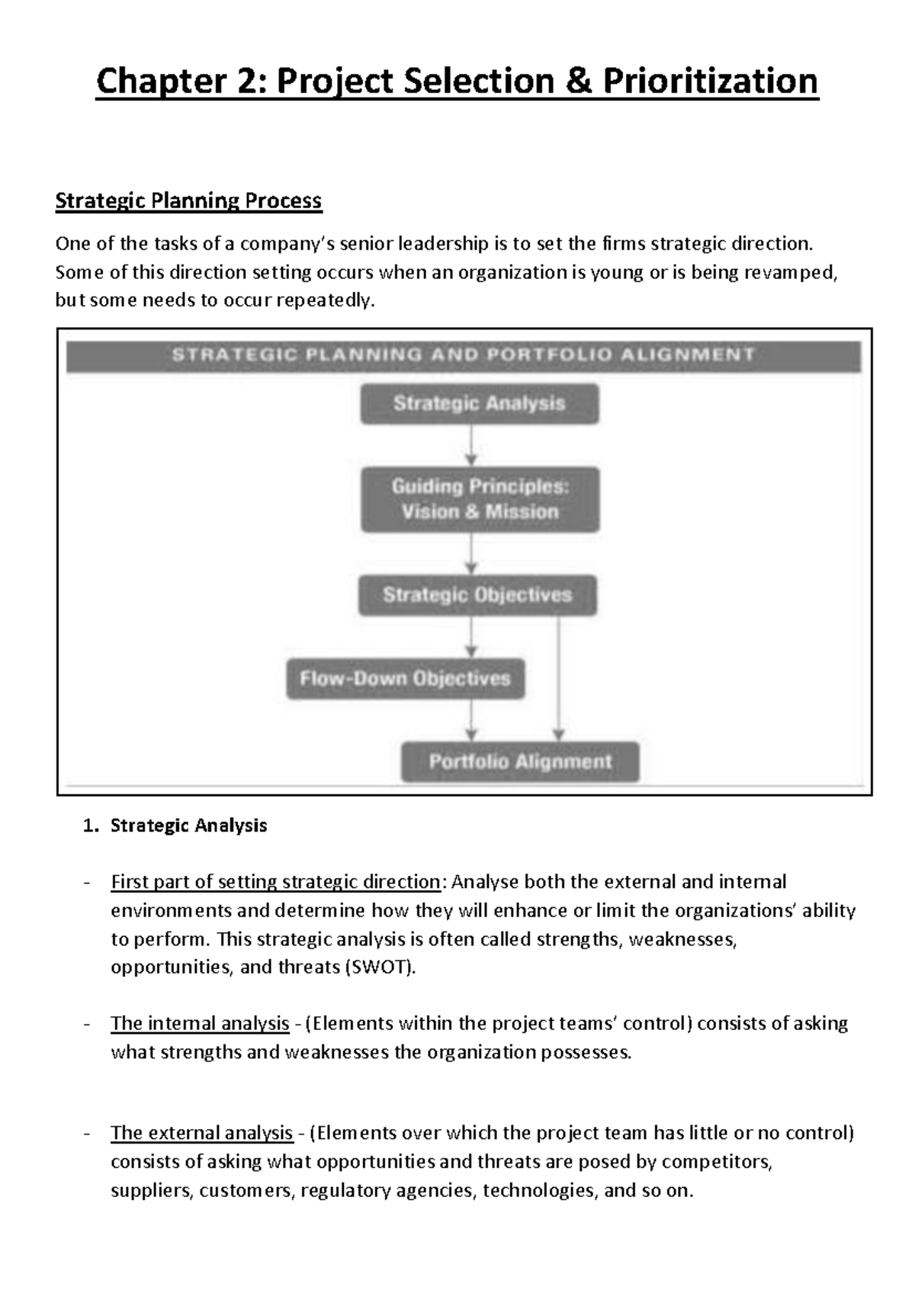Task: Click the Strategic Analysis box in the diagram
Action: [479, 403]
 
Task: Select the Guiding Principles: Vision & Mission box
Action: [480, 499]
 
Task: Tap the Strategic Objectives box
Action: [477, 595]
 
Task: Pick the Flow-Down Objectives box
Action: [405, 679]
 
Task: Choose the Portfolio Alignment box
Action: [520, 762]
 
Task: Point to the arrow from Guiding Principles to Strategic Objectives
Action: [471, 553]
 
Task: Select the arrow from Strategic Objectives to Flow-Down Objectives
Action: [471, 637]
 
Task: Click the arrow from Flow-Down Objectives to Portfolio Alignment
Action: [471, 720]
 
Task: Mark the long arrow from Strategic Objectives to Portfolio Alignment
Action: [559, 679]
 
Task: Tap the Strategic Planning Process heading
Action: [188, 201]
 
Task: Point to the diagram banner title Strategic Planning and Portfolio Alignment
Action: [464, 355]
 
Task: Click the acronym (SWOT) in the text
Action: [380, 967]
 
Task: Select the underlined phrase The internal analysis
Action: [200, 1023]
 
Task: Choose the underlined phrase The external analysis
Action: [202, 1133]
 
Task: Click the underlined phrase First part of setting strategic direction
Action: [275, 882]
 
